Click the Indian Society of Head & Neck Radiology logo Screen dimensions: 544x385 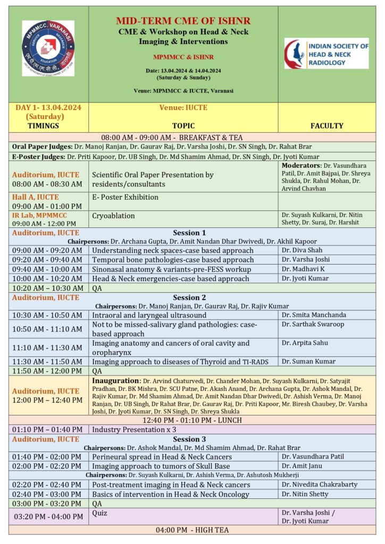point(326,54)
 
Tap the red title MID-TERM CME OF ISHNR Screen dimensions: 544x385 point(183,21)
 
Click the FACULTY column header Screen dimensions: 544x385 point(327,126)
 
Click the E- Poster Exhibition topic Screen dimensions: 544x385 point(125,197)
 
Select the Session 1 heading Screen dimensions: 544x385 point(189,233)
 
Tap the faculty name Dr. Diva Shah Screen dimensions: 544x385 point(302,250)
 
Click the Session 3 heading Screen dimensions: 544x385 point(189,439)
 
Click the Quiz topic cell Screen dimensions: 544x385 point(100,513)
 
